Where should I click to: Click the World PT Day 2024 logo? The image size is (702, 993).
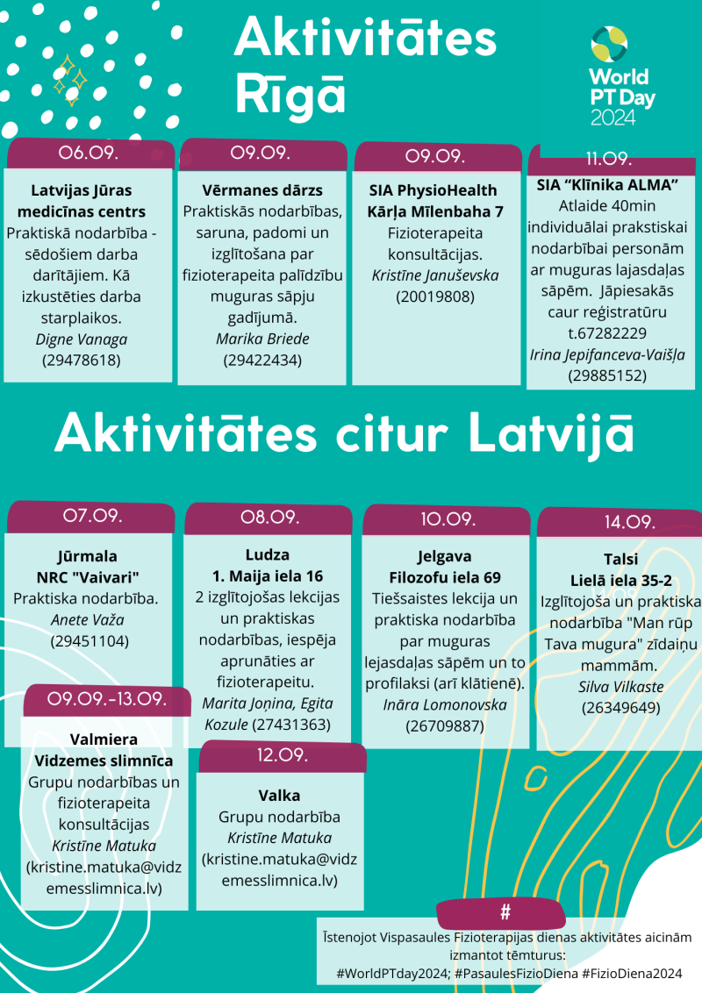pyautogui.click(x=621, y=76)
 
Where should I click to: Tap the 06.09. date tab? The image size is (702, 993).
pyautogui.click(x=90, y=153)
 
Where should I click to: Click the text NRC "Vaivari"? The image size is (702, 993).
pyautogui.click(x=89, y=577)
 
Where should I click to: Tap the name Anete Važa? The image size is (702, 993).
pyautogui.click(x=88, y=620)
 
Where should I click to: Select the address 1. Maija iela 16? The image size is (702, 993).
pyautogui.click(x=268, y=576)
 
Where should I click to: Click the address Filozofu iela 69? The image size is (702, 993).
pyautogui.click(x=445, y=577)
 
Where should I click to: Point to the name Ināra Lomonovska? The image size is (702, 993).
pyautogui.click(x=445, y=704)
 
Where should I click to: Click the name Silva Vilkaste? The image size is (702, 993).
pyautogui.click(x=620, y=686)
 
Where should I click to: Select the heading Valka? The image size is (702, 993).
pyautogui.click(x=279, y=796)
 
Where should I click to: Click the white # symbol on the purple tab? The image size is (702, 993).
pyautogui.click(x=505, y=912)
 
